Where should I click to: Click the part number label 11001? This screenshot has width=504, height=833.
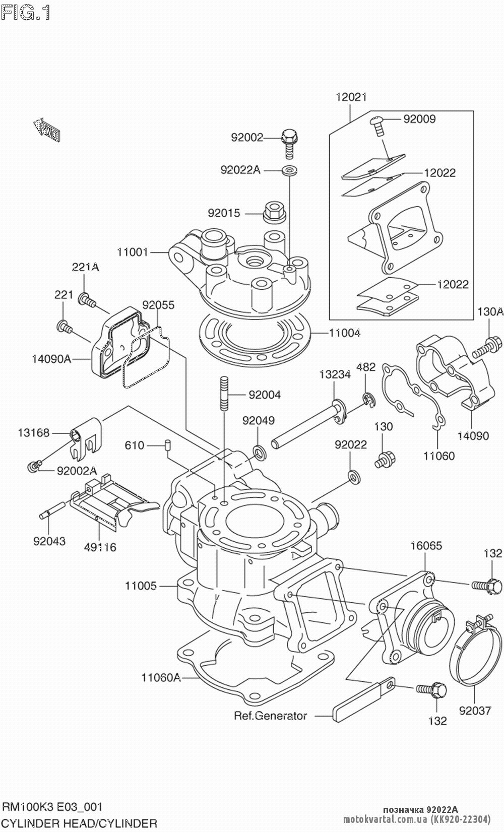click(133, 252)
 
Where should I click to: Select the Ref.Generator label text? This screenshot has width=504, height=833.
click(270, 716)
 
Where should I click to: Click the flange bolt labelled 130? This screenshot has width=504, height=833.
click(385, 459)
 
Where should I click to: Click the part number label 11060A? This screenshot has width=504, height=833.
click(161, 677)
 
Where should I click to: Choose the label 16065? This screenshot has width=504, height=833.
click(426, 546)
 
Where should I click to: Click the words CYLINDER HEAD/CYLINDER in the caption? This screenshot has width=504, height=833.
click(80, 823)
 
